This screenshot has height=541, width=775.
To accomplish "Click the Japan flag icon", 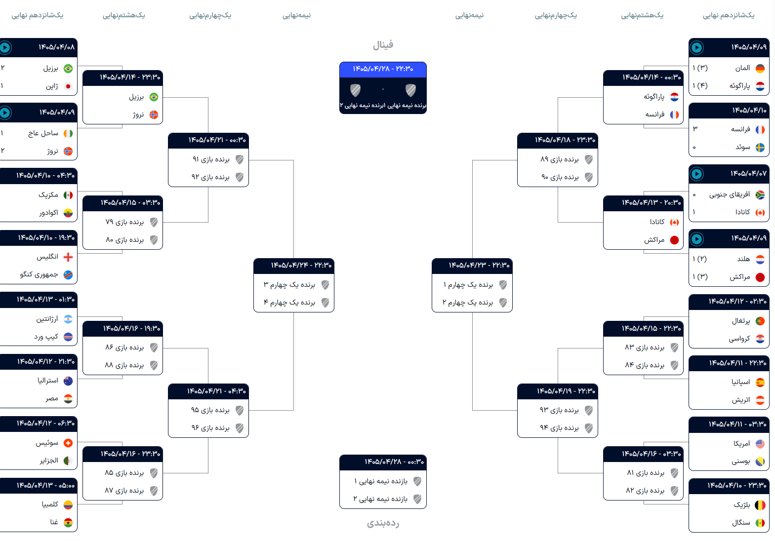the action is point(68,86).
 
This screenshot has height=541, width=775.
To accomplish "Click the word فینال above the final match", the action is point(383,45).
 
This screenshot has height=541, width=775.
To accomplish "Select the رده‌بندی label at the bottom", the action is point(383,523).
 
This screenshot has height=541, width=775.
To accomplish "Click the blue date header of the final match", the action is point(383,69).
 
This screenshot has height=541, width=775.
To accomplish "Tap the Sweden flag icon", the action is point(760,148).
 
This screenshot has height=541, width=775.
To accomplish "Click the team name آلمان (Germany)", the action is point(742,68).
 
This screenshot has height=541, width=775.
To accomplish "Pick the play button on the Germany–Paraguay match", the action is point(697,47).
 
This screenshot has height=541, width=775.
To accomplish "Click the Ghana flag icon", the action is point(68,522).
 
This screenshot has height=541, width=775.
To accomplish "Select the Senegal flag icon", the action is point(760,523).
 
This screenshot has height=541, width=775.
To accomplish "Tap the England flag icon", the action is point(68,257).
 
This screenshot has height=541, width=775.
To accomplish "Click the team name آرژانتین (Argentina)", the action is point(47,319).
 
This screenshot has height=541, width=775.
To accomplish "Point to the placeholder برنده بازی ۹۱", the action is point(211,159).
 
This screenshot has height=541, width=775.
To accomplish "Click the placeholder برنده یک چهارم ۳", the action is point(289,284).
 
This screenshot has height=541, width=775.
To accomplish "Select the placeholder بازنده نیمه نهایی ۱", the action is point(380,481).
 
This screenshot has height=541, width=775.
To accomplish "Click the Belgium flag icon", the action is point(760,505).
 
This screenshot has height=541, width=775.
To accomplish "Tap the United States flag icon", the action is point(760,444).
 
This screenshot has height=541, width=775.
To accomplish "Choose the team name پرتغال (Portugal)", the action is point(741,321).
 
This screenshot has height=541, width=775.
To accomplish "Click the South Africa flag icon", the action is point(760,195).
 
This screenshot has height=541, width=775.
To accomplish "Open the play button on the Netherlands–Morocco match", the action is point(697,239).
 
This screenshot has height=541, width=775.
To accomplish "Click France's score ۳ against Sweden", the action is point(695,129).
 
